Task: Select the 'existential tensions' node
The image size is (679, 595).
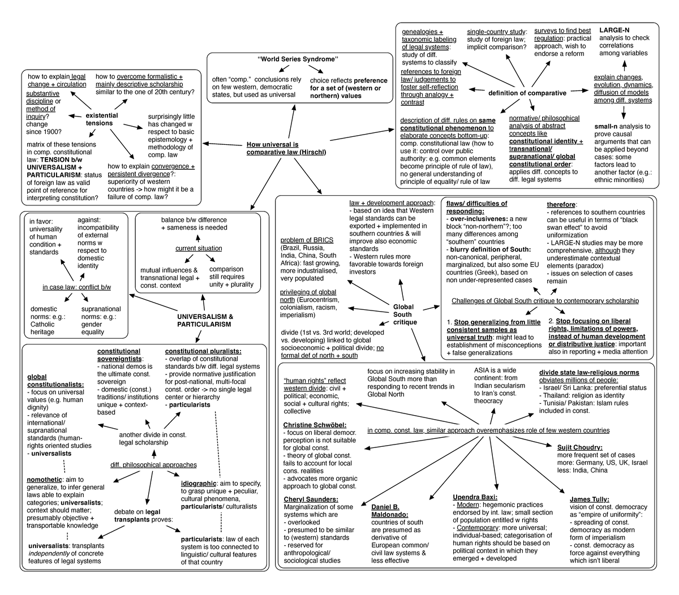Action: coord(102,119)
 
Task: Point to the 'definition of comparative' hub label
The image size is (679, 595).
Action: coord(527,93)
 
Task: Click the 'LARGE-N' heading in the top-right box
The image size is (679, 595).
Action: coord(616,29)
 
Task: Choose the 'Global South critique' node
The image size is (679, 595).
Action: coord(405,314)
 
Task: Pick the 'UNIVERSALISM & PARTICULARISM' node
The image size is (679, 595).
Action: coord(205,320)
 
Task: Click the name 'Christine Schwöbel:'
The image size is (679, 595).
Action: coord(315,425)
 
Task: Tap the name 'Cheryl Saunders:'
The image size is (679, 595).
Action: coord(311,499)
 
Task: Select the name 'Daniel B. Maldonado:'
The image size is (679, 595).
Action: coord(385,511)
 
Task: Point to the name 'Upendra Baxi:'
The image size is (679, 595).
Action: coord(474,497)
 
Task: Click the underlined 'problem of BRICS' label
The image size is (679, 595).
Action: coord(307,240)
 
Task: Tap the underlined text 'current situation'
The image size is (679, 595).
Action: coord(199,248)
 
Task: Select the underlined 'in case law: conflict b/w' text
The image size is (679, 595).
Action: coord(77,287)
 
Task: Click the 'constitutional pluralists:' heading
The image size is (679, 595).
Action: coord(203,351)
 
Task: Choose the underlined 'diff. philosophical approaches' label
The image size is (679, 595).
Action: coord(153,465)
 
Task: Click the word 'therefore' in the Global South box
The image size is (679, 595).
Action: coord(561,204)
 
